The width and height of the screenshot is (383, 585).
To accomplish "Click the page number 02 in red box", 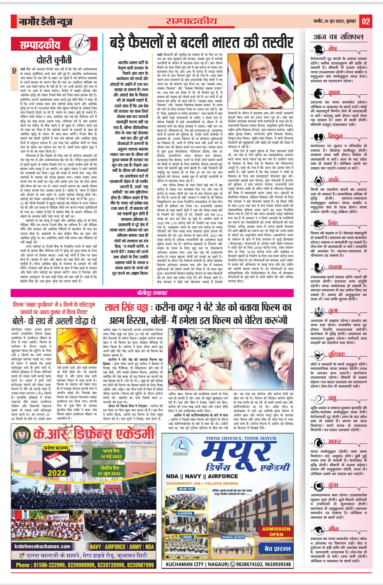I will coord(366,22).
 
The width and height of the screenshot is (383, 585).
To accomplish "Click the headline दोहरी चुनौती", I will coord(54,60).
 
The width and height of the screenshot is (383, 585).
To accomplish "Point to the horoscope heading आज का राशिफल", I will coord(338,37).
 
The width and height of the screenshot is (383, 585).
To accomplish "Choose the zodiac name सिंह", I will coord(333,223).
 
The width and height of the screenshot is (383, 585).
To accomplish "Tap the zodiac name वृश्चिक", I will coord(336,354).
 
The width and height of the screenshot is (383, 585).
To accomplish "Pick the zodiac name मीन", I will coord(333,529).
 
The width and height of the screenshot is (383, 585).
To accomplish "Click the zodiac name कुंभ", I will coord(333,485).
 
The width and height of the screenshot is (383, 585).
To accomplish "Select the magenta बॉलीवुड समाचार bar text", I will coord(152,293).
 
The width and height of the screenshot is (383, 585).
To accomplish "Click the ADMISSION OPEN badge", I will coord(276,531).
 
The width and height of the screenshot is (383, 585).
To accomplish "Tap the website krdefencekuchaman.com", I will coord(43,546).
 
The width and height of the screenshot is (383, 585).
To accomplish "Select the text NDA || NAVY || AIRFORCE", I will coord(202,476).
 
